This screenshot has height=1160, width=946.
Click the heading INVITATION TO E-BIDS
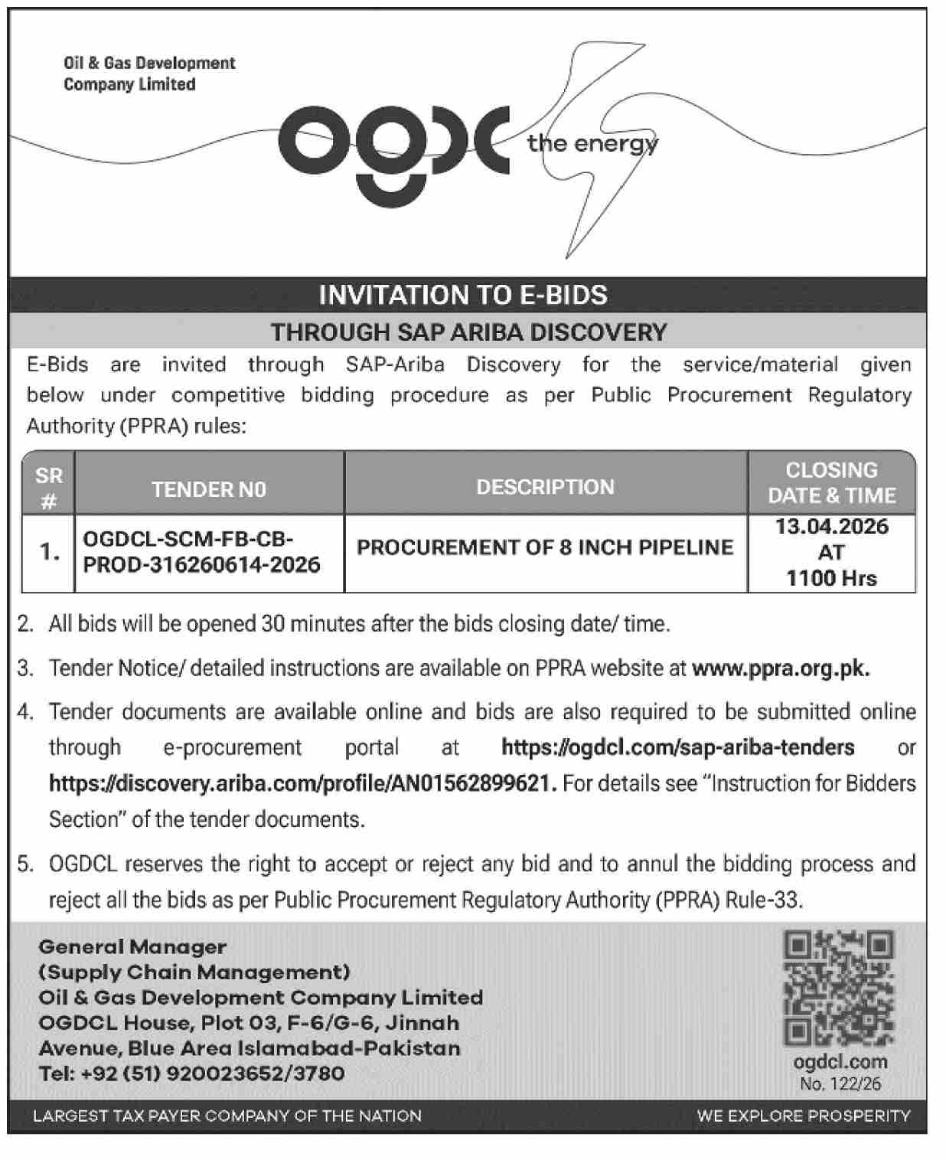[x=463, y=295]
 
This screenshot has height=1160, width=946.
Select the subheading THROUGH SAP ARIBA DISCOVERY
[x=468, y=332]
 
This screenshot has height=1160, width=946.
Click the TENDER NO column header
[x=209, y=489]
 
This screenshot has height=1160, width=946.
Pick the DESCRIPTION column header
[x=545, y=487]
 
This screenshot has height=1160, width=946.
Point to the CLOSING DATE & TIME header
[x=831, y=483]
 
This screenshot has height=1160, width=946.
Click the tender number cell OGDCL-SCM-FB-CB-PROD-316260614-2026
[x=201, y=552]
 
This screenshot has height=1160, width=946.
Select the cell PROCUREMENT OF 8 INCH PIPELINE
[x=545, y=547]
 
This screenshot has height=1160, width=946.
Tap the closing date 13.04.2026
[x=831, y=527]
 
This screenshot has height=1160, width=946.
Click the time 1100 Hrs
[x=831, y=578]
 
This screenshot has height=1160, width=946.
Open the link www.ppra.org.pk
[x=780, y=668]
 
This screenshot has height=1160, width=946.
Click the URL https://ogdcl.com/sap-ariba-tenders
[x=677, y=747]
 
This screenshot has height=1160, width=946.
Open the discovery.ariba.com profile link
[x=302, y=783]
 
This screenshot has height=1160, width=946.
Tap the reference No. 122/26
[x=840, y=1083]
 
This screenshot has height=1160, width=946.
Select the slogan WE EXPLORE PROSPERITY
[x=803, y=1116]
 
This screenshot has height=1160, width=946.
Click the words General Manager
[x=132, y=947]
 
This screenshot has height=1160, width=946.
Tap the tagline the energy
[x=592, y=143]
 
